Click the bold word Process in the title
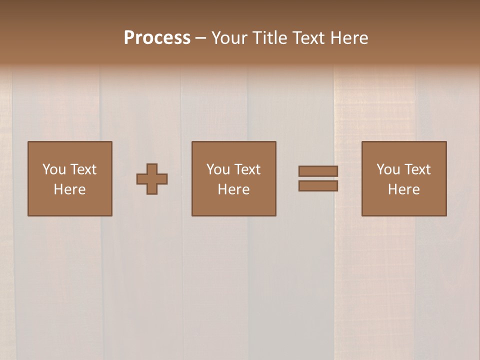(x=157, y=38)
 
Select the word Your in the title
(x=229, y=38)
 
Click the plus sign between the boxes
(x=152, y=179)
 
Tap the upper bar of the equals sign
(x=318, y=171)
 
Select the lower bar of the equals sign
(x=318, y=185)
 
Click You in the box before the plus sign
(x=54, y=169)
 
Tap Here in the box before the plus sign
(x=69, y=189)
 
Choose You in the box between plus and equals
(x=218, y=169)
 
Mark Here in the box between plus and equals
(x=233, y=189)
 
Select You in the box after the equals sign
(x=388, y=169)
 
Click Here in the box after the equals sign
(x=403, y=189)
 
